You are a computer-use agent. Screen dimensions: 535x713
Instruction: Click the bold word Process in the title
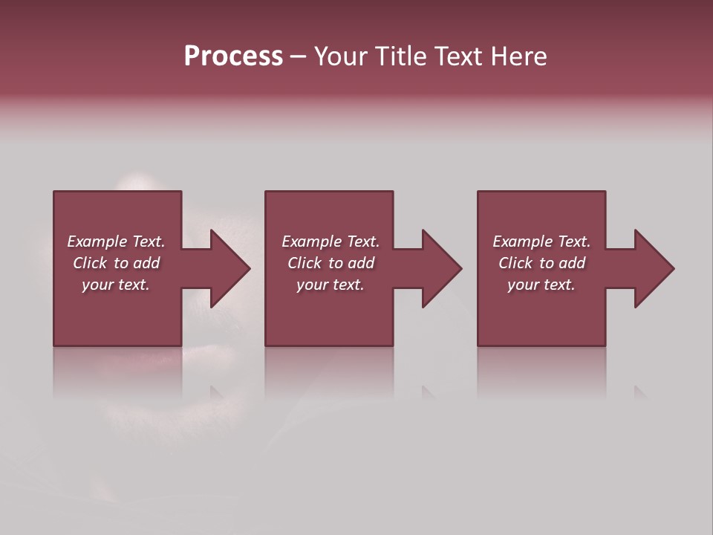(x=233, y=56)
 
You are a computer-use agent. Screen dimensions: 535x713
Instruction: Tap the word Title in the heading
(x=401, y=56)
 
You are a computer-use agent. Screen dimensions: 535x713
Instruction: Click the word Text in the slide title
(x=458, y=56)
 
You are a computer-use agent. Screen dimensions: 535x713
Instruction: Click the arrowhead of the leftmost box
(x=227, y=268)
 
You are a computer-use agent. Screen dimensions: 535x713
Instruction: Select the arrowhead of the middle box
(x=438, y=268)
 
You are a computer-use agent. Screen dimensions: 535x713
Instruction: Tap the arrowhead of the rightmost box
(x=651, y=268)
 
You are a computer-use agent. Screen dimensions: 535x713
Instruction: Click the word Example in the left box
(x=97, y=241)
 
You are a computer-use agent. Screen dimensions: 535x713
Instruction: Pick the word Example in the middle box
(x=312, y=241)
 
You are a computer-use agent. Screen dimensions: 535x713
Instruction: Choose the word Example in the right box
(x=523, y=241)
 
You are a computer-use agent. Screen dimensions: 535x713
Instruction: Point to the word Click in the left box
(x=90, y=263)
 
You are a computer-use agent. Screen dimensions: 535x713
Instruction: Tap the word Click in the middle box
(x=305, y=263)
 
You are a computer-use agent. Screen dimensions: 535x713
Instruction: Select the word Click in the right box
(x=515, y=263)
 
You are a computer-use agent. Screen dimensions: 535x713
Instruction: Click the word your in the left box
(x=97, y=285)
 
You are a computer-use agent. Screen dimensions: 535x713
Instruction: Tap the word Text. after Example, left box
(x=148, y=241)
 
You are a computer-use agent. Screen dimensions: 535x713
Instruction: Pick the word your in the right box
(x=523, y=285)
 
